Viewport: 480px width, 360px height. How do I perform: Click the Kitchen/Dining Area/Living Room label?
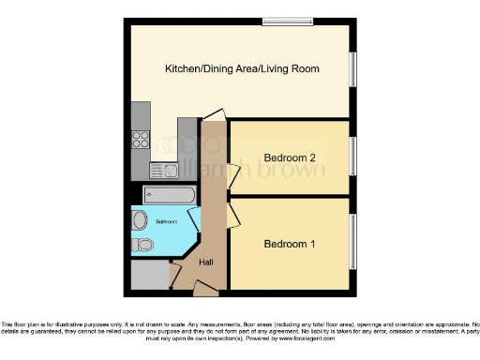click(x=242, y=69)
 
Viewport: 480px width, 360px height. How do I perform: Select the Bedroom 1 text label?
click(x=289, y=245)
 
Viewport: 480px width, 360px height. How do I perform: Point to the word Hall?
click(x=206, y=262)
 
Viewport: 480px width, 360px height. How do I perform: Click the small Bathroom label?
click(x=166, y=222)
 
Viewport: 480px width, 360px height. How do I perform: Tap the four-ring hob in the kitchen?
click(x=142, y=140)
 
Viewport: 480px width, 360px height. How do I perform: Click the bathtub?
click(x=169, y=194)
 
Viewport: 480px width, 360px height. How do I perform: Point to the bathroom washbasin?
click(x=140, y=222)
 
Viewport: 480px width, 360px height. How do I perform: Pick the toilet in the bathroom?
click(x=143, y=245)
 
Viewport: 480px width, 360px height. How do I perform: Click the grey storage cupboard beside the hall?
click(x=146, y=277)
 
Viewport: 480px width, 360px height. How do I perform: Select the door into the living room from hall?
click(x=213, y=115)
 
